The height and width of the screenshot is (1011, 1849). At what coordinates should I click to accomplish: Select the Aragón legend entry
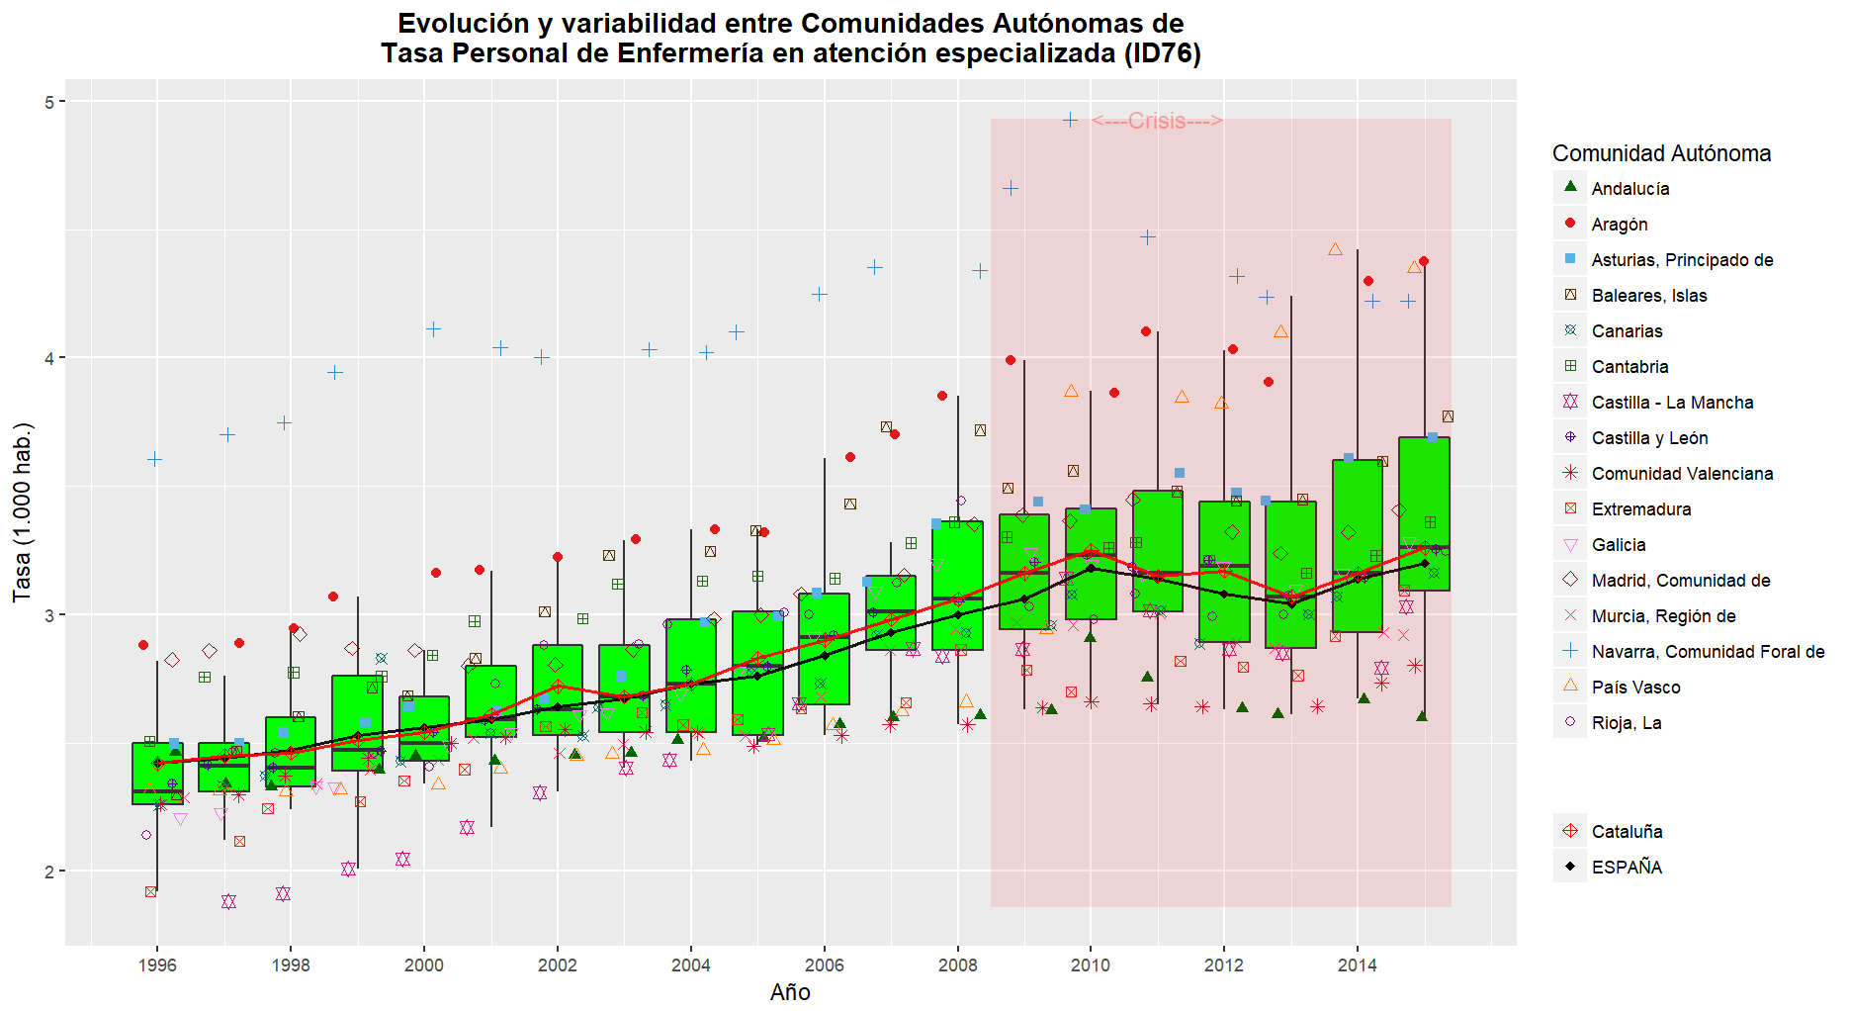coord(1619,225)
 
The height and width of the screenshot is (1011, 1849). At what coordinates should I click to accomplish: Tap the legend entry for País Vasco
coord(1635,688)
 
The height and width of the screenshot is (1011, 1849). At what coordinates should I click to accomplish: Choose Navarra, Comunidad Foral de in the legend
coord(1708,652)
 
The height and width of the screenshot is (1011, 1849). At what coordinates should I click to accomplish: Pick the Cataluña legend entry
coord(1627,832)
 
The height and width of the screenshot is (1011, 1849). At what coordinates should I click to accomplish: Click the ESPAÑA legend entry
coord(1627,868)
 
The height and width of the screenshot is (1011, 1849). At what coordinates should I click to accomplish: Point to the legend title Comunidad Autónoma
coord(1661,153)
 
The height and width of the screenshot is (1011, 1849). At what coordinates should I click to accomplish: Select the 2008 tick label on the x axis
coord(957,965)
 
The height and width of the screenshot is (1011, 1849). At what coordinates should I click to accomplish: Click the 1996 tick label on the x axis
coord(157,965)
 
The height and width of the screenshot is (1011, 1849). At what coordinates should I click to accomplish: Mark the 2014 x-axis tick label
coord(1357,965)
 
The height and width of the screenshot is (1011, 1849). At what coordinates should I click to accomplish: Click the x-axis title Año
coord(790,992)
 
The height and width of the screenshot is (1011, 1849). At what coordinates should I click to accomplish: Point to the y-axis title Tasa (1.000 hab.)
coord(22,512)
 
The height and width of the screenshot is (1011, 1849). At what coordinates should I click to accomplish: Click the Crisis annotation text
coord(1157,121)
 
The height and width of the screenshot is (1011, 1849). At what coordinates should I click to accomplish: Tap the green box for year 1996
coord(157,774)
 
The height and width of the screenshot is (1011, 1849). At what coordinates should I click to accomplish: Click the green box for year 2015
coord(1424,513)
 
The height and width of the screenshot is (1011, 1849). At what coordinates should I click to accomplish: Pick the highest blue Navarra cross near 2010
coord(1070,120)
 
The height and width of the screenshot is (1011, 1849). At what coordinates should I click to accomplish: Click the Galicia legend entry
coord(1618,545)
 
